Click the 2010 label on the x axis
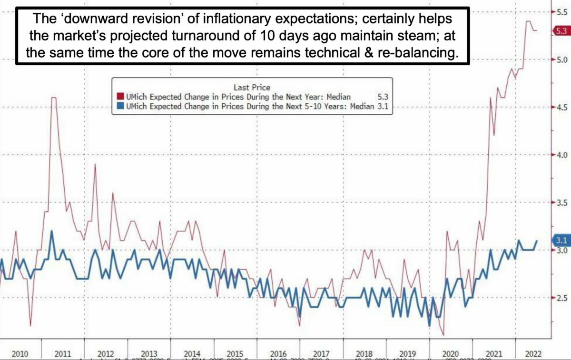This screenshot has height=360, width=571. pyautogui.click(x=20, y=354)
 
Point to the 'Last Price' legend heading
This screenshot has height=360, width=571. pyautogui.click(x=252, y=87)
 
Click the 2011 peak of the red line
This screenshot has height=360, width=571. pyautogui.click(x=54, y=98)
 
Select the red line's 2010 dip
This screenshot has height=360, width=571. pyautogui.click(x=30, y=326)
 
